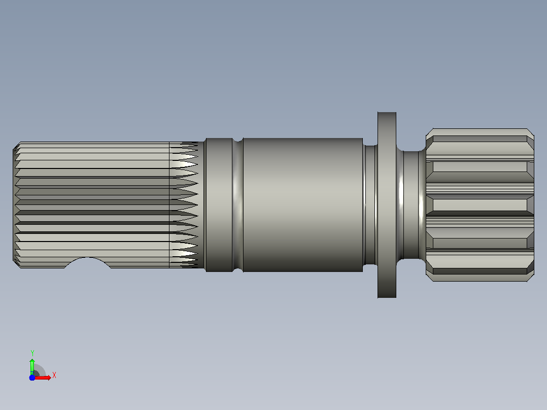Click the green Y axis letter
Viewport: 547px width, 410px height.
[32, 353]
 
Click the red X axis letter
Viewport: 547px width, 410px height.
[54, 375]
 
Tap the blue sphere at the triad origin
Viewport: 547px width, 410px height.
[32, 378]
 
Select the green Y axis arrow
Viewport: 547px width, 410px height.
[32, 366]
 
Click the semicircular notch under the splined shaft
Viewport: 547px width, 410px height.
[88, 262]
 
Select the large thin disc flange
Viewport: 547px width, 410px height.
[387, 205]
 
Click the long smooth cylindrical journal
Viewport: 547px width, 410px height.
[303, 205]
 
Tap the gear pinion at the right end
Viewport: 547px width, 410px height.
[480, 205]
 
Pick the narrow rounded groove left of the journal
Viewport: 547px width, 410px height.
[237, 205]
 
